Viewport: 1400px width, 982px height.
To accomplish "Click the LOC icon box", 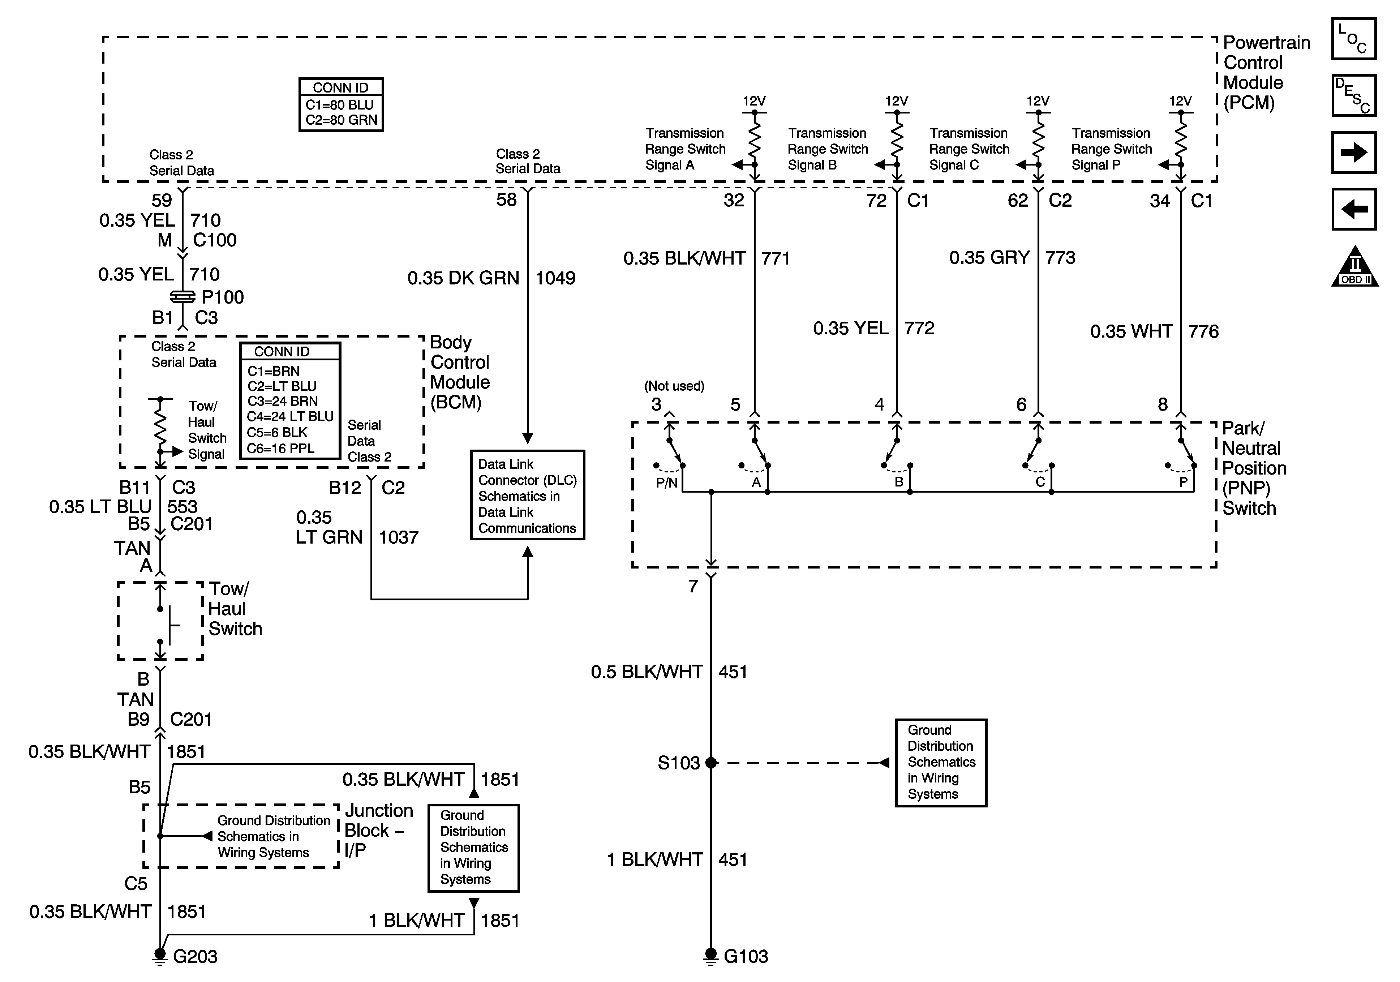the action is (x=1354, y=38).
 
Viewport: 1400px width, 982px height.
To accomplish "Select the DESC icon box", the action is (x=1354, y=95).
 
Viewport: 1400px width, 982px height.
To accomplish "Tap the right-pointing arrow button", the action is (x=1354, y=152).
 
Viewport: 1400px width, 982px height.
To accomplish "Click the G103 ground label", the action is (x=746, y=956).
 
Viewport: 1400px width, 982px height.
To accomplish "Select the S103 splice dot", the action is (x=711, y=762).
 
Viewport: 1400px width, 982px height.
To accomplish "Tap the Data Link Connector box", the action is (x=527, y=495).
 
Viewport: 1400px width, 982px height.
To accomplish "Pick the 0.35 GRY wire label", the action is (x=989, y=257).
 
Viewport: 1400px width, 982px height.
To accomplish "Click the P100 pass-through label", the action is (x=223, y=297).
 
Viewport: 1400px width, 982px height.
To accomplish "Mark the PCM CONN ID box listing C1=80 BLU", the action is (x=341, y=104).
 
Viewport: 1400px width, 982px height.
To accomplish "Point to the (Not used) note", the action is (x=674, y=386).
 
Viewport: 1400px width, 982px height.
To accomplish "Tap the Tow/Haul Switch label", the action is (x=235, y=609).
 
